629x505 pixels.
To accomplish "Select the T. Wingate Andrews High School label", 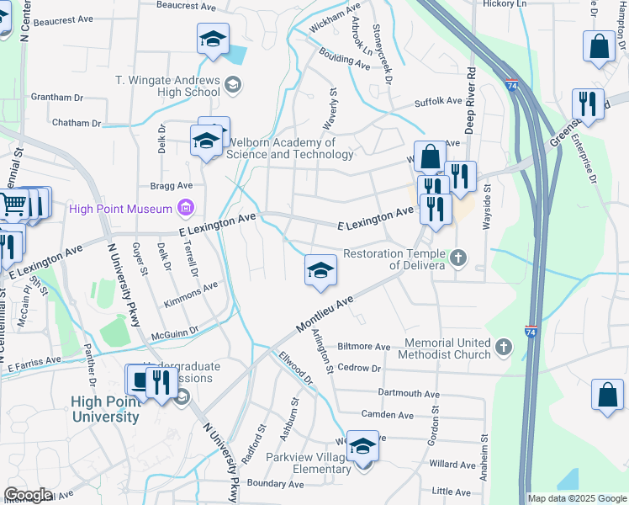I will [x=167, y=86].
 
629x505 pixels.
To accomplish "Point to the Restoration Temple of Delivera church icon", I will [x=457, y=258].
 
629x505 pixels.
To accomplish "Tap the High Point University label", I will [x=105, y=409].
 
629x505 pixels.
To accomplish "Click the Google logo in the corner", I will [x=28, y=495].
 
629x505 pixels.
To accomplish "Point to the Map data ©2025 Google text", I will [x=576, y=498].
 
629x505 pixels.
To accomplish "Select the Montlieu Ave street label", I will [x=325, y=316].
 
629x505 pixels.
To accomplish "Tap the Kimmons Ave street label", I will [x=191, y=285].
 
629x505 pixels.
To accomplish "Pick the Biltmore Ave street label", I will [x=363, y=346].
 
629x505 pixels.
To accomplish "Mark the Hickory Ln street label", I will [x=505, y=4].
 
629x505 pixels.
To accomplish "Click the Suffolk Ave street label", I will [x=438, y=101].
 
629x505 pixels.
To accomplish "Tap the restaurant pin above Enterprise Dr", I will [x=587, y=104].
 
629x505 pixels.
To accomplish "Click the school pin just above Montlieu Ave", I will [x=320, y=271].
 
